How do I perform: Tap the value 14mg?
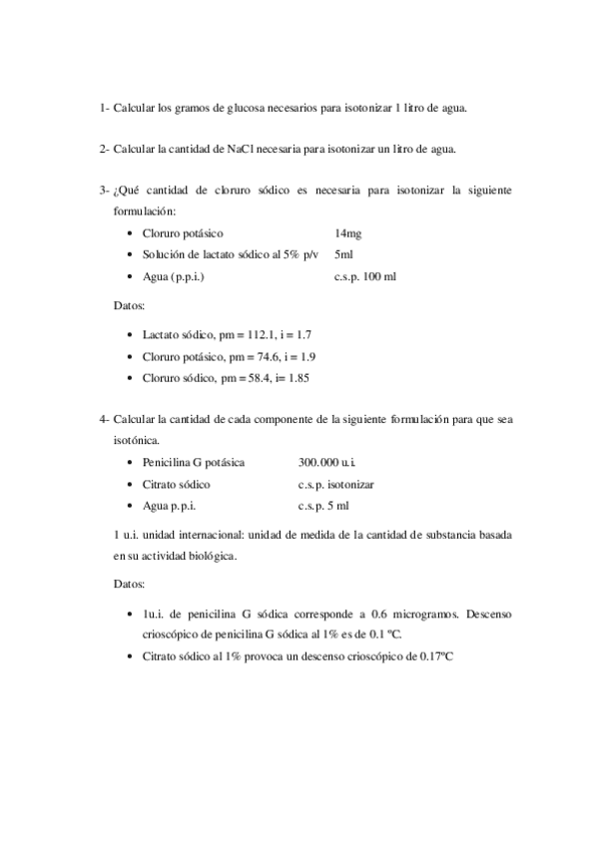coord(348,232)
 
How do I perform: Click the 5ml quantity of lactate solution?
coord(344,254)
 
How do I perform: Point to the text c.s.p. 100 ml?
coord(364,276)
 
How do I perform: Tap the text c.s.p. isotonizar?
coord(335,484)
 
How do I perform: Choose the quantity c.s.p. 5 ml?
coord(322,506)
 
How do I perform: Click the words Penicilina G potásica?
coord(194,462)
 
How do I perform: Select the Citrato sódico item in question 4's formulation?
coord(176,484)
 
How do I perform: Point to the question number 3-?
coord(104,191)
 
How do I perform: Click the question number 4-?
coord(104,420)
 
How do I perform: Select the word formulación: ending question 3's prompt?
coord(145,211)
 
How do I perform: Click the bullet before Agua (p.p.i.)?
coord(133,276)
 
